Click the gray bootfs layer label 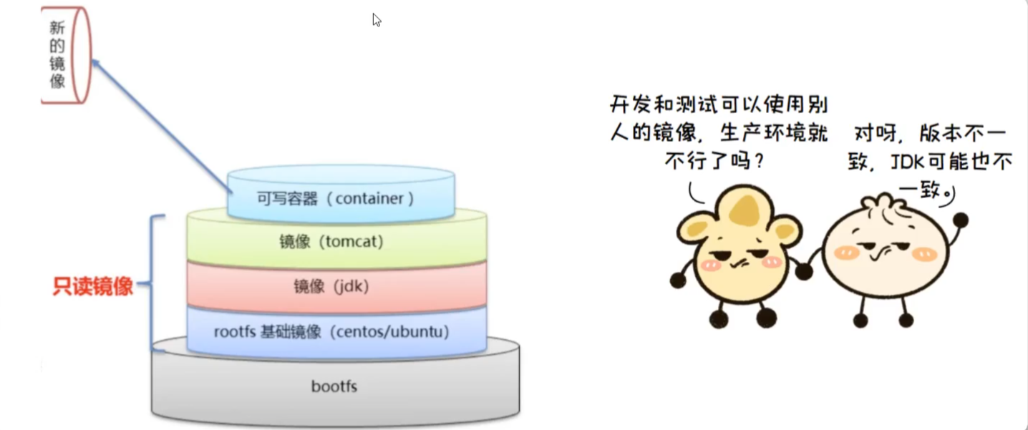[334, 387]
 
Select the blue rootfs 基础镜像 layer [331, 332]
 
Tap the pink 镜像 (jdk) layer [331, 287]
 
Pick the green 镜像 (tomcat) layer [331, 242]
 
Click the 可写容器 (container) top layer [336, 198]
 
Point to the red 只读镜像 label [93, 287]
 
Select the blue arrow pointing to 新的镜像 [162, 129]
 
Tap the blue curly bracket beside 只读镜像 [153, 283]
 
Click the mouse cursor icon [377, 20]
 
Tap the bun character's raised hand [960, 220]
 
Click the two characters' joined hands [804, 271]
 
